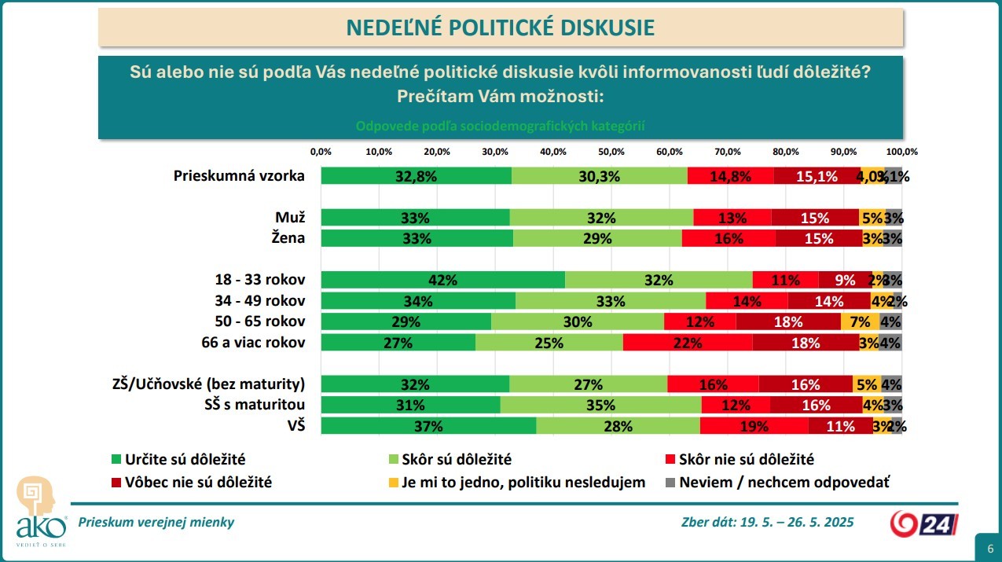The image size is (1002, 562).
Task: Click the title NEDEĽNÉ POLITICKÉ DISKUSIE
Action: pos(501,28)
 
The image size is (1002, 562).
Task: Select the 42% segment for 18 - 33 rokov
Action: pos(442,280)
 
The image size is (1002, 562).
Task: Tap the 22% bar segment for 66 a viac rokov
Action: pos(688,342)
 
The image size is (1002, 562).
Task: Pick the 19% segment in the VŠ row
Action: pos(754,426)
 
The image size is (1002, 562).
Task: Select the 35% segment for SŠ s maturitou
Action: pos(600,405)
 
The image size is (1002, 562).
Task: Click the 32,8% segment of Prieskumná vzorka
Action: pos(416,176)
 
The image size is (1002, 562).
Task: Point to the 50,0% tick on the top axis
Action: pos(611,151)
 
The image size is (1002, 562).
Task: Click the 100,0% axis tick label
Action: pos(901,151)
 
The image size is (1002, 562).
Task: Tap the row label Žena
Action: pos(289,237)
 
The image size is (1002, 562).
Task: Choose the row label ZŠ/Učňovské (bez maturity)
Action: pos(208,384)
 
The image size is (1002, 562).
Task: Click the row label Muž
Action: pos(290,217)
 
